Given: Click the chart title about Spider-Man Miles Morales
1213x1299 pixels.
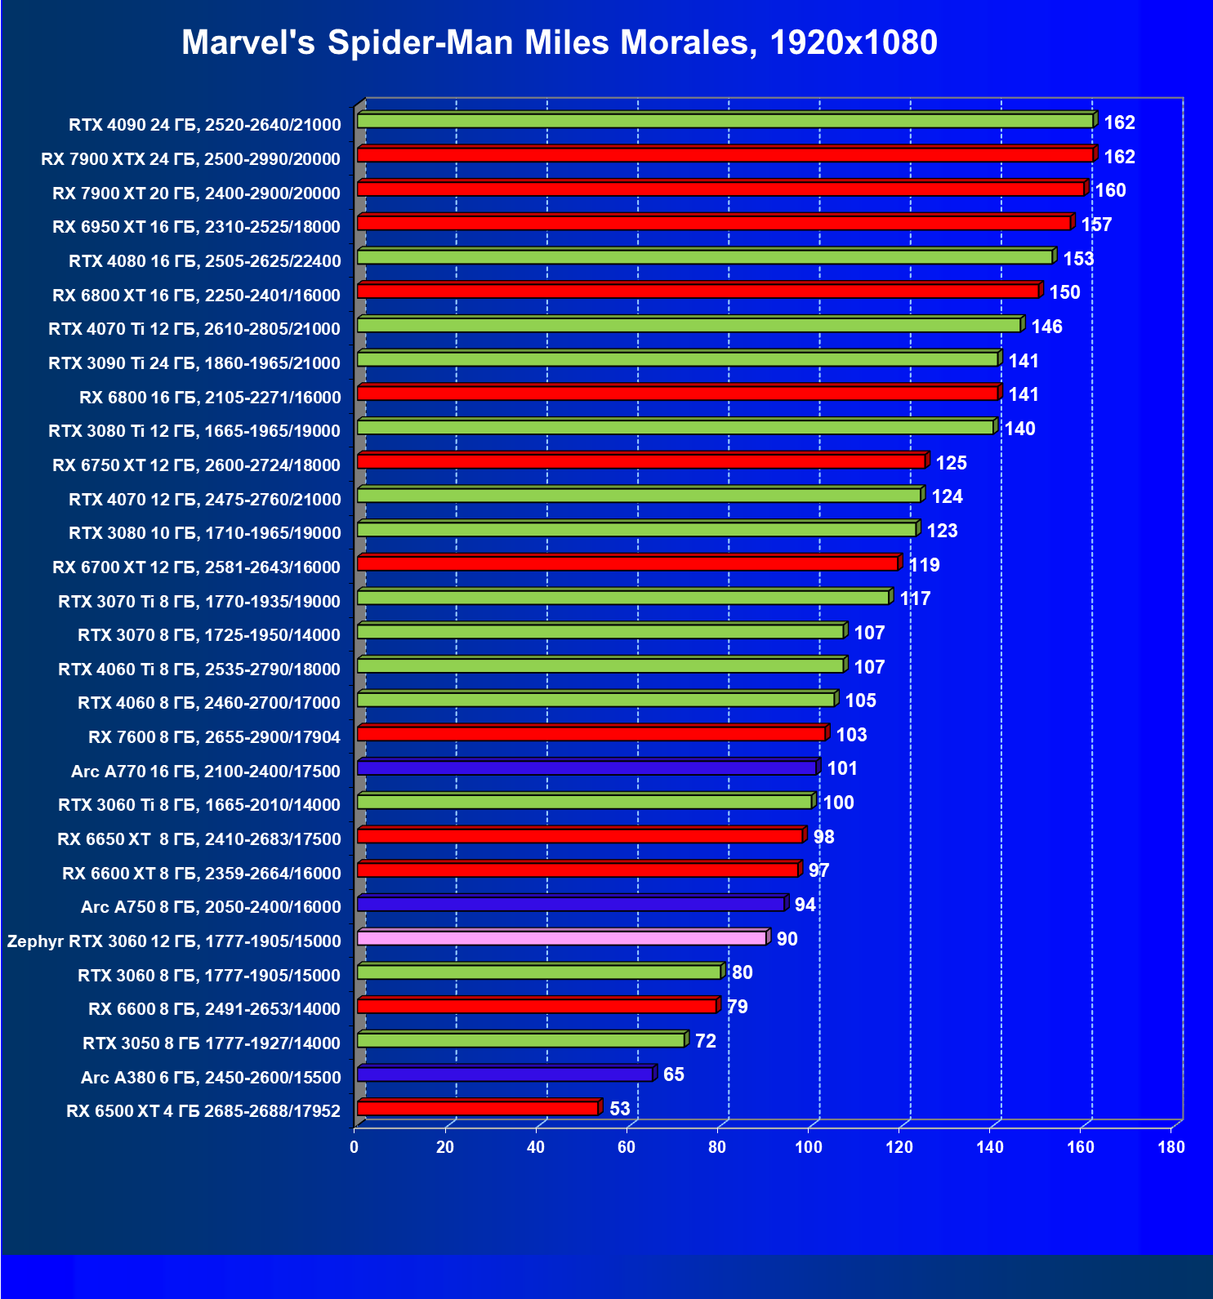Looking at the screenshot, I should coord(559,42).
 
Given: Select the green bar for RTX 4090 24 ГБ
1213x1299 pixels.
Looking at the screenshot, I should coord(725,121).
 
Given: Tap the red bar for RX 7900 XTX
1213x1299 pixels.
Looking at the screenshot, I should coord(725,155).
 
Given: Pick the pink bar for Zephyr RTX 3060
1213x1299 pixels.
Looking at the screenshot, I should coord(561,937).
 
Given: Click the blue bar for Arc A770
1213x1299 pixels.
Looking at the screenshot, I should coord(586,767).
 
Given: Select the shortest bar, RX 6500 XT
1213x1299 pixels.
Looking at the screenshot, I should coord(478,1108).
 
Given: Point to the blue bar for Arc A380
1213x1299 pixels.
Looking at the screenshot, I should coord(505,1074).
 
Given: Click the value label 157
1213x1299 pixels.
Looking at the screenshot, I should coord(1096,225).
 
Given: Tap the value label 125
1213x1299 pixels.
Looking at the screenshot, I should coord(951,463).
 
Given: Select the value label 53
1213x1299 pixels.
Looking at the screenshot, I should coord(620,1109).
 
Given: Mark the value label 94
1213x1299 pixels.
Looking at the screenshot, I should coord(805,905).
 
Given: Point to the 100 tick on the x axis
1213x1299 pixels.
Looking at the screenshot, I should coord(809,1147).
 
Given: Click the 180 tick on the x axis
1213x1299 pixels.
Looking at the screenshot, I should coord(1171,1147).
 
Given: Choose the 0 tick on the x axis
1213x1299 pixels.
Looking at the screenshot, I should coord(355,1147).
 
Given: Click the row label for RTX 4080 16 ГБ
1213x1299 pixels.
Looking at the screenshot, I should coord(204,261).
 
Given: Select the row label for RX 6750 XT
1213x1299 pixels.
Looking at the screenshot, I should coord(196,465).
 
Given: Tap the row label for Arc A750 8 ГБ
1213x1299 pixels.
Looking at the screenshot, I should coord(211,907).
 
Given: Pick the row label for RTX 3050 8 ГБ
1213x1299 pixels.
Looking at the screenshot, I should coord(211,1043).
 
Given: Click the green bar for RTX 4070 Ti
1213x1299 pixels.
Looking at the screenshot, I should coord(689,325).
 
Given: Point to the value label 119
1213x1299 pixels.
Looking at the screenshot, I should coord(924,565).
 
